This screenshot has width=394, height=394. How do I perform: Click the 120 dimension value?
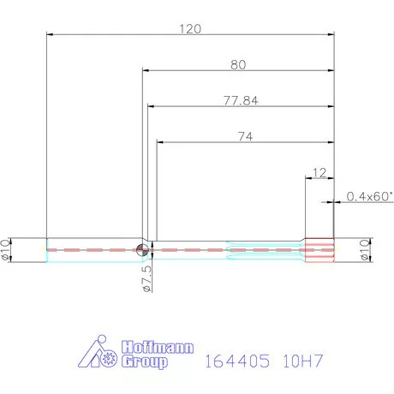190,28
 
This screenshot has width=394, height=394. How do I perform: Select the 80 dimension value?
239,64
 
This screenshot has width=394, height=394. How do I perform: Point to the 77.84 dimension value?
241,100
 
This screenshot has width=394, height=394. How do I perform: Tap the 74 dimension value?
245,136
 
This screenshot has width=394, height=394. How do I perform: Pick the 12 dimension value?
319,172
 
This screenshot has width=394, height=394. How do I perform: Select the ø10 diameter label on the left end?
8,249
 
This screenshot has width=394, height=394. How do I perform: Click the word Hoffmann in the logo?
159,349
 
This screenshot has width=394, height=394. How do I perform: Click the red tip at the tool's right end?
322,249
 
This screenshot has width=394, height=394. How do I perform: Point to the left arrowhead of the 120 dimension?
50,35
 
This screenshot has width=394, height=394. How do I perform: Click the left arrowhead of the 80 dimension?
146,71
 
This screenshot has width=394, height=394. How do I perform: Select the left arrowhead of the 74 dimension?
159,143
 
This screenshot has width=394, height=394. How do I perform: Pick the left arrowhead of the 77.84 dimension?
151,107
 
